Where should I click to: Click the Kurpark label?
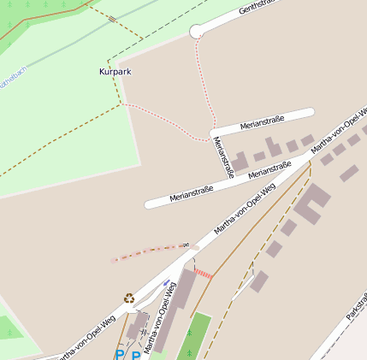(115, 72)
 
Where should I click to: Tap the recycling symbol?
(128, 298)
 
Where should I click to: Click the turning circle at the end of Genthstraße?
(197, 32)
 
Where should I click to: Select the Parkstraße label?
(357, 307)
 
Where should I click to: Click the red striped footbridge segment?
(204, 273)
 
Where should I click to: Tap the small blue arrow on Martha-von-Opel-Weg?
(166, 282)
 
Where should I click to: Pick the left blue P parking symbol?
(120, 354)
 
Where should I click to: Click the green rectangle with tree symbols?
(195, 335)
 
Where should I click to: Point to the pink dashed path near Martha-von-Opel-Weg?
(145, 251)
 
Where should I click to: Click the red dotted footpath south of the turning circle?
(204, 86)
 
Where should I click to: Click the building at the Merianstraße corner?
(241, 160)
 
